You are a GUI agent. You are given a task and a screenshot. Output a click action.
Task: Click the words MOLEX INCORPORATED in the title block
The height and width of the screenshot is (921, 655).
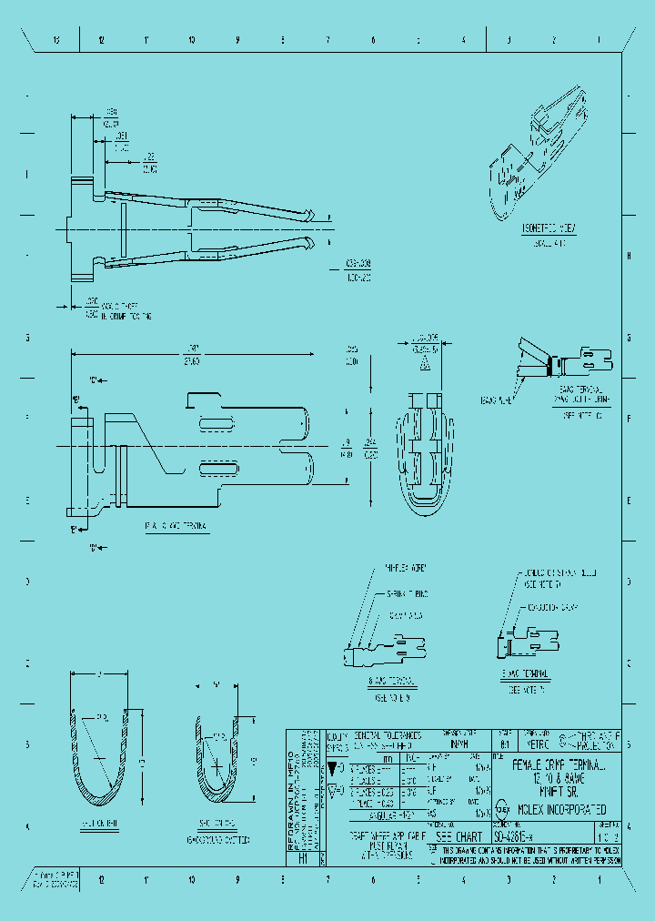(x=563, y=809)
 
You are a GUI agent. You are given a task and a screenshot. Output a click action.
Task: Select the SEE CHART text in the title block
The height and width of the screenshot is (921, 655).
(x=459, y=835)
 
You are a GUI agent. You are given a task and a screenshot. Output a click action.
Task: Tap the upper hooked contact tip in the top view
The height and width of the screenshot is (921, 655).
(x=312, y=215)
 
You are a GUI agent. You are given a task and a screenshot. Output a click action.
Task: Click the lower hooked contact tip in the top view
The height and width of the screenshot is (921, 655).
(x=312, y=243)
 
